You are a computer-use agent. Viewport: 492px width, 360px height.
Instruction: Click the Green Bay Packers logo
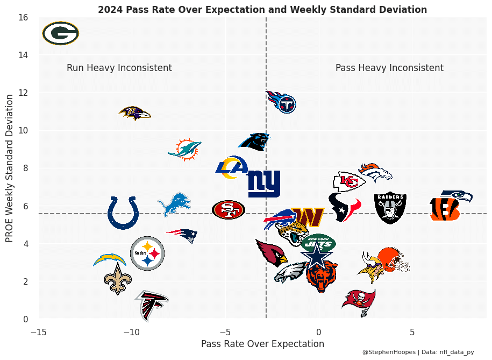point(61,33)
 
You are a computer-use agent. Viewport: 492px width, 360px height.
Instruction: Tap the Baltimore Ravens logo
point(134,113)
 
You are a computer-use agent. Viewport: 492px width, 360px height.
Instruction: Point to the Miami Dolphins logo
point(184,149)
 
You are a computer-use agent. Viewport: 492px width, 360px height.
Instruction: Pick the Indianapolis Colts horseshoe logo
point(123,213)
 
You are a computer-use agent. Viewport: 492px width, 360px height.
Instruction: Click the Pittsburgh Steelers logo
point(147,253)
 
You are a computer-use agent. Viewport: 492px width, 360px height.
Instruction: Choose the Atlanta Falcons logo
point(152,305)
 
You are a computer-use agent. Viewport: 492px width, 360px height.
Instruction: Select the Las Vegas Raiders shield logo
point(390,208)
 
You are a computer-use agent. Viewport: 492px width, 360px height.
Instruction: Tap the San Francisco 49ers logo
point(229,209)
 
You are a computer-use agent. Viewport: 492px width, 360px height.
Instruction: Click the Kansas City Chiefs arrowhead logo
point(348,182)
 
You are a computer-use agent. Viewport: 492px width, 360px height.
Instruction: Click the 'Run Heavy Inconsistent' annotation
point(119,68)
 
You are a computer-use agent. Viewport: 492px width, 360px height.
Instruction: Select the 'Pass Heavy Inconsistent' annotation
point(389,68)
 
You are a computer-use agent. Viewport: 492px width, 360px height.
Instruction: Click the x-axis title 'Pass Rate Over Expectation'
point(262,344)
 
